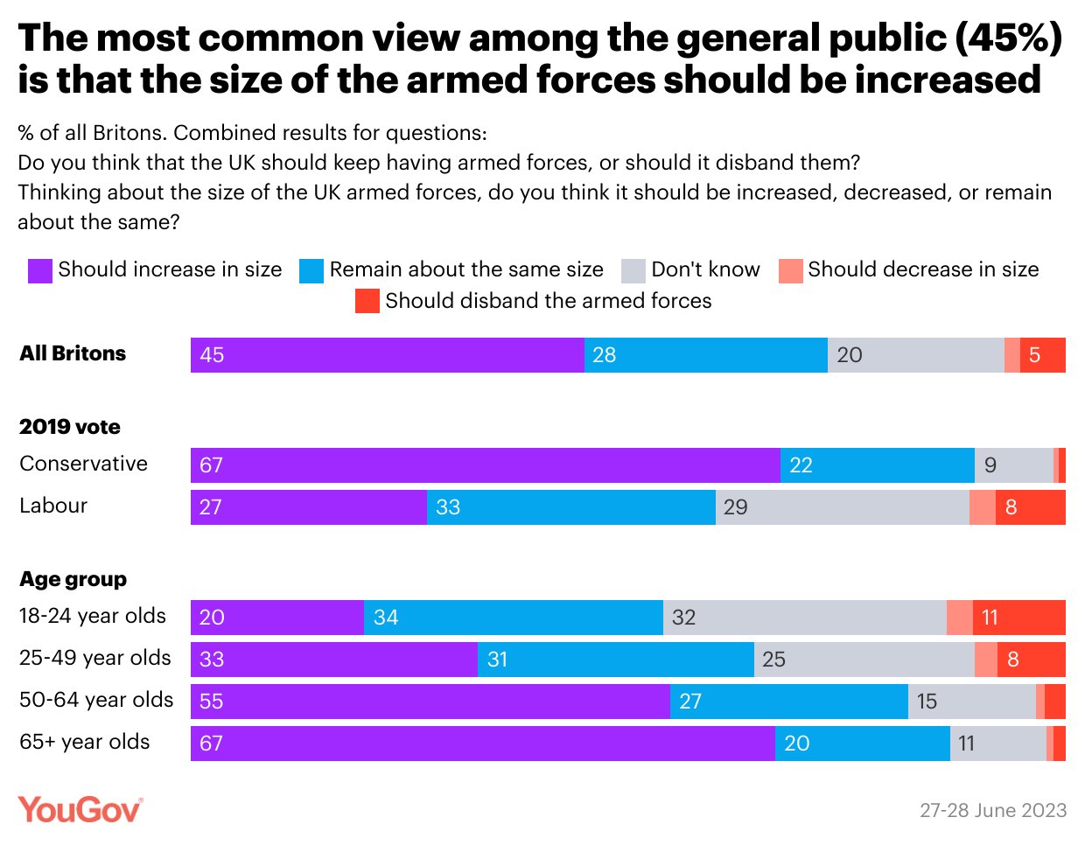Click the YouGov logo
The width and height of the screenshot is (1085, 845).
pos(80,809)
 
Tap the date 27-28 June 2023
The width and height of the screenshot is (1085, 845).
pos(993,810)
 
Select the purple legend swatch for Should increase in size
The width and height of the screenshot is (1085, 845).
pos(40,270)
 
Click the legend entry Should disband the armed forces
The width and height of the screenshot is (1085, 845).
pos(534,301)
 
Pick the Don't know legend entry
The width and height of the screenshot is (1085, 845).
pos(690,269)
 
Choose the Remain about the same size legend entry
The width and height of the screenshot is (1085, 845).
pos(451,269)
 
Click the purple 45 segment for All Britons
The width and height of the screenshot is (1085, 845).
pos(387,355)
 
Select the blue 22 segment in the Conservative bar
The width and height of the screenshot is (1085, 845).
pos(877,465)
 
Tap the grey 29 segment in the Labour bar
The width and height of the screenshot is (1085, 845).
pos(842,507)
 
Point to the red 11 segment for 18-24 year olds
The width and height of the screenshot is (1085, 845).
pos(1018,618)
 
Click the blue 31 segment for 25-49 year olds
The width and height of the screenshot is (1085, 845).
pos(615,660)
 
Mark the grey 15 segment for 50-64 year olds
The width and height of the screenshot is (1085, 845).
pos(971,702)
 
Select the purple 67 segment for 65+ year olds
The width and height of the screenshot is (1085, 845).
pos(482,744)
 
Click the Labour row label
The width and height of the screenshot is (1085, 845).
pos(53,506)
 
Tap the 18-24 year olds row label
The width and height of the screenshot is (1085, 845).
pos(93,616)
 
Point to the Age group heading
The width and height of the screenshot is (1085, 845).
pos(73,579)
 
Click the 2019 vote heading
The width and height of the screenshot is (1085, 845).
pos(70,427)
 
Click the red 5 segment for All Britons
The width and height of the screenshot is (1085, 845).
pos(1042,355)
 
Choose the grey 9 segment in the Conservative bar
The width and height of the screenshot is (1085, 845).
pos(1013,465)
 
